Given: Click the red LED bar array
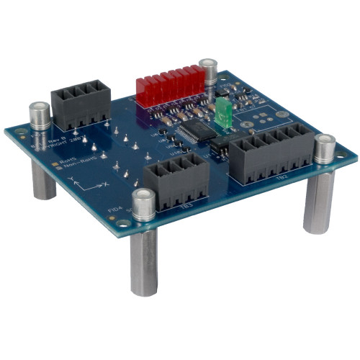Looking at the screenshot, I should pyautogui.click(x=171, y=86).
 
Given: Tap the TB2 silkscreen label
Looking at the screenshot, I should pyautogui.click(x=282, y=176).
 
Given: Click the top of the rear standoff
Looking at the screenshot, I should pyautogui.click(x=209, y=65).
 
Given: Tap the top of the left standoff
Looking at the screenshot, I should pyautogui.click(x=38, y=109).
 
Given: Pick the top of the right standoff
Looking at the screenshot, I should pyautogui.click(x=325, y=141).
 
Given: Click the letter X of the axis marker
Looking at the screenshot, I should pyautogui.click(x=106, y=184).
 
